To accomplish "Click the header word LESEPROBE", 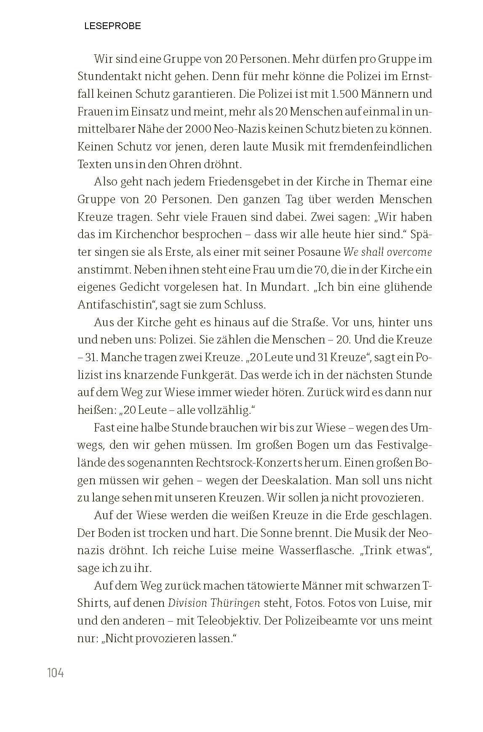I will [112, 26].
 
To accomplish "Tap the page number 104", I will [56, 673].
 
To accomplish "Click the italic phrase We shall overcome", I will [388, 252].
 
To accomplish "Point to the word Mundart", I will [286, 287].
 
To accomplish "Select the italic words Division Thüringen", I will [214, 603].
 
